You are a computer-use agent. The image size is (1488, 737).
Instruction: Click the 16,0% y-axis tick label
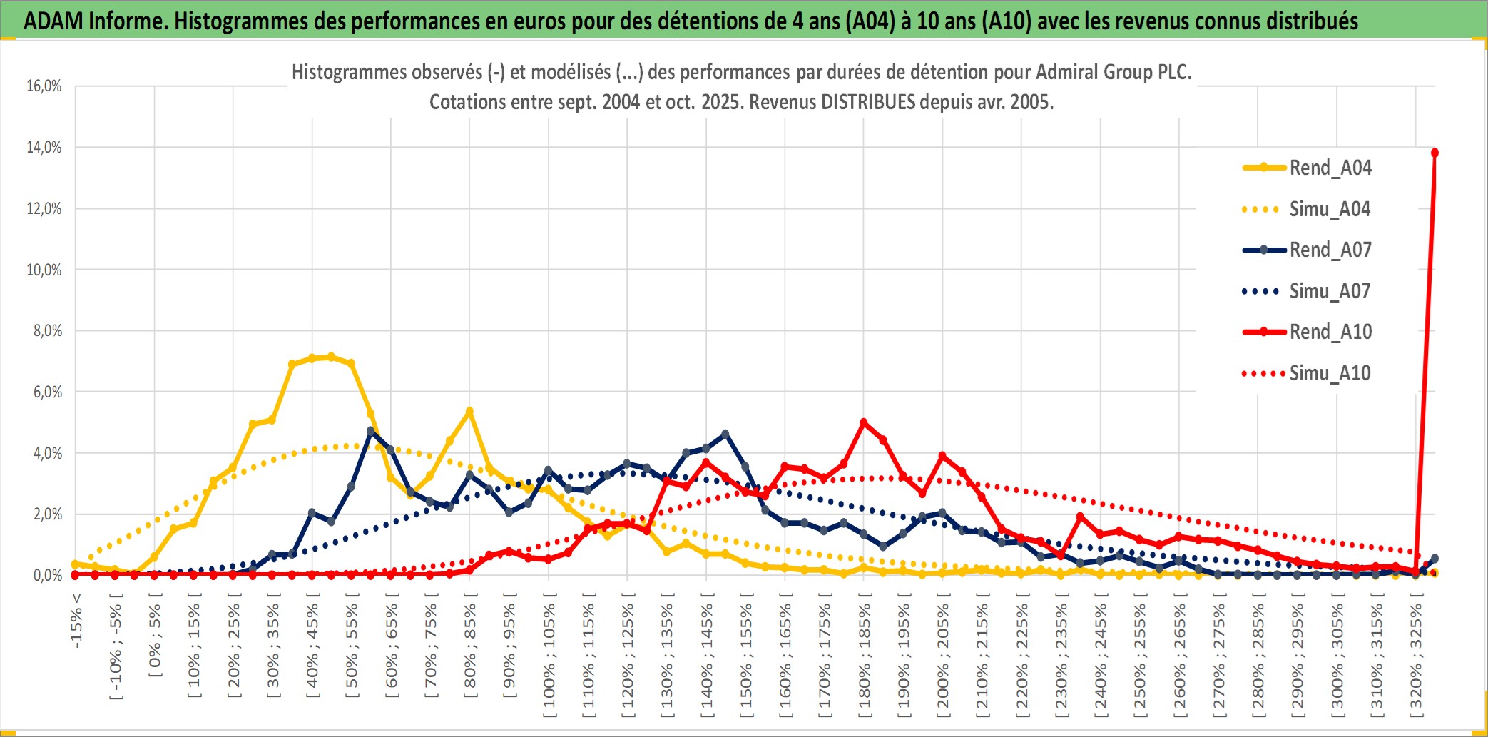click(x=44, y=86)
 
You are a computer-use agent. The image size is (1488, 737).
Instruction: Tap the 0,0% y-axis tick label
click(x=47, y=576)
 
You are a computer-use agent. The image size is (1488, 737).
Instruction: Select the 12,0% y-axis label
click(x=44, y=209)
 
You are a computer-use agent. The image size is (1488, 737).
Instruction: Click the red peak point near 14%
click(x=1435, y=153)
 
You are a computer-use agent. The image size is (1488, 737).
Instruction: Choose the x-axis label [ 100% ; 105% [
click(x=549, y=656)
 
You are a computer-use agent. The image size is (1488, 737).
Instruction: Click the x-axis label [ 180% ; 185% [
click(x=865, y=656)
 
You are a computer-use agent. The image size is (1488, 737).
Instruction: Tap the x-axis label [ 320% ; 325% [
click(x=1416, y=656)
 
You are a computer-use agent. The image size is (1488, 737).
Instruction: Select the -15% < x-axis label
click(x=76, y=621)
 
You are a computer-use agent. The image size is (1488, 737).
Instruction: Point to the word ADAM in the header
click(x=53, y=21)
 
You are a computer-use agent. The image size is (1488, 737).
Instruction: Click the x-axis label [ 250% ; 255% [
click(x=1140, y=656)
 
